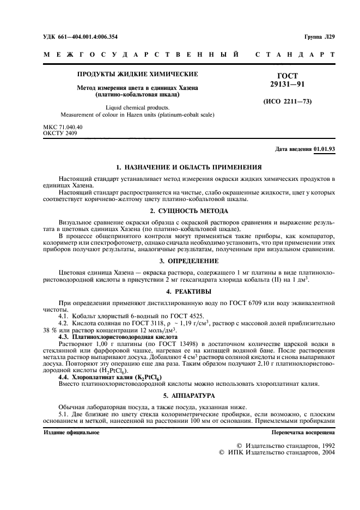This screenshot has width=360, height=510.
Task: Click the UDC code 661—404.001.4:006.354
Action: point(80,37)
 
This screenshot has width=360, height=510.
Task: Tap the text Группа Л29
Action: point(318,37)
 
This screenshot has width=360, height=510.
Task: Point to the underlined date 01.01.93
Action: point(325,149)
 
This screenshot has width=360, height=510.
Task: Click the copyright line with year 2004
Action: point(277,452)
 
